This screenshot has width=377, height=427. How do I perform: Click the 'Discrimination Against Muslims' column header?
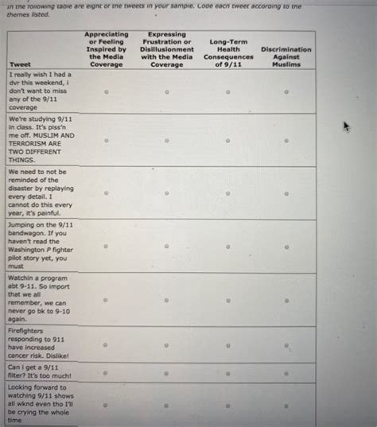[x=286, y=56]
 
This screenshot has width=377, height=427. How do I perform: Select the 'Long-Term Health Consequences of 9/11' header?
[x=227, y=52]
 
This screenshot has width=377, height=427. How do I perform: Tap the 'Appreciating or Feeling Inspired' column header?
[x=106, y=49]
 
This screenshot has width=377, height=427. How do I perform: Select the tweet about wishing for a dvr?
[x=40, y=90]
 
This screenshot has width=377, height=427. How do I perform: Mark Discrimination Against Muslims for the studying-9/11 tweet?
[x=286, y=140]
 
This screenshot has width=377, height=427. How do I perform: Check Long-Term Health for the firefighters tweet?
[x=227, y=346]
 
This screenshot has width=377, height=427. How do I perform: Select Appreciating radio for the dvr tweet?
[x=106, y=91]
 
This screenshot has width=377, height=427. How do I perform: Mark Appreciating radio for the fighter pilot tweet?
[x=106, y=246]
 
